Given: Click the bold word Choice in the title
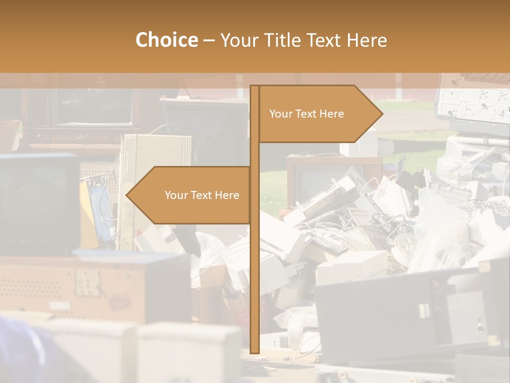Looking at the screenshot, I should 166,40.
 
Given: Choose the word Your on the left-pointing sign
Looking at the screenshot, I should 176,195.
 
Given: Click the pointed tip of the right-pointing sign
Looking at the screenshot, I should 382,113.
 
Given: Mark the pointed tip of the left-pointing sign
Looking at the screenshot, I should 127,195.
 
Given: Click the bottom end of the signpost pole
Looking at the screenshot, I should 254,351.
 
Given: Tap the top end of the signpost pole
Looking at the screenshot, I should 254,87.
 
